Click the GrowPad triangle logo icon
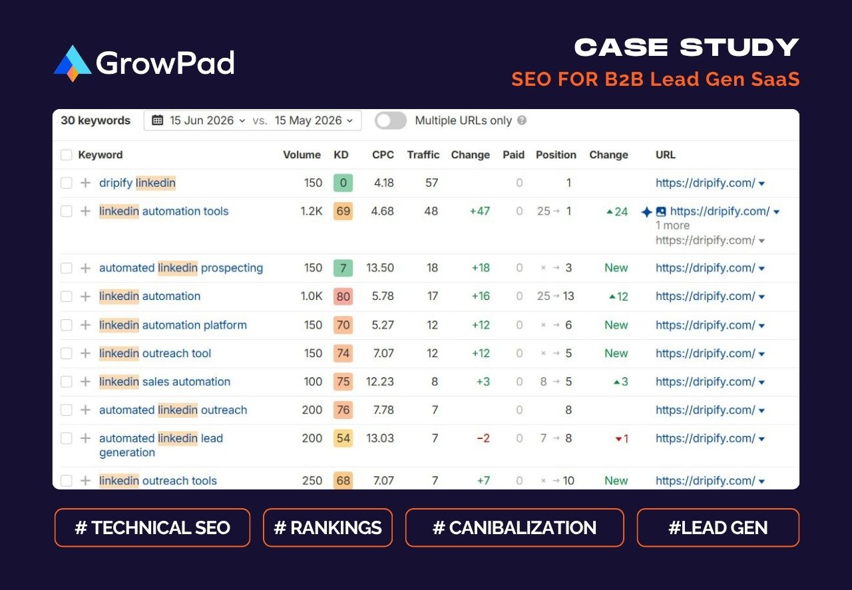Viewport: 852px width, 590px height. pyautogui.click(x=73, y=63)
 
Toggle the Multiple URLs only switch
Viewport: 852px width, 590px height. pyautogui.click(x=391, y=121)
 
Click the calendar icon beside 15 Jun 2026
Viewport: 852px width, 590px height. pyautogui.click(x=158, y=120)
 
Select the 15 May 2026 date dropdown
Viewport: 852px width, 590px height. pyautogui.click(x=314, y=120)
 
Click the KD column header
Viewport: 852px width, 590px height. pyautogui.click(x=341, y=155)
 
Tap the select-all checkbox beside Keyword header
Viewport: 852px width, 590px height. pyautogui.click(x=66, y=155)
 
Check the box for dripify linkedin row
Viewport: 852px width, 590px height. pyautogui.click(x=66, y=183)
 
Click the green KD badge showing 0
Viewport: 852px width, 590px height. pyautogui.click(x=343, y=183)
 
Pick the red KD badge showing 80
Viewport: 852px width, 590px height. pyautogui.click(x=343, y=296)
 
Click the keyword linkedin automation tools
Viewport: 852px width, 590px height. pyautogui.click(x=164, y=211)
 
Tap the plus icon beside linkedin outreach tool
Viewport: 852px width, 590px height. pyautogui.click(x=86, y=353)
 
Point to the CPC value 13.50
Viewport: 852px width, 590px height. pyautogui.click(x=379, y=267)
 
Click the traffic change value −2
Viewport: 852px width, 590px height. pyautogui.click(x=483, y=438)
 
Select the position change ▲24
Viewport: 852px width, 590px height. pyautogui.click(x=617, y=212)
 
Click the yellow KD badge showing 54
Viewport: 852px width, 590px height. pyautogui.click(x=343, y=438)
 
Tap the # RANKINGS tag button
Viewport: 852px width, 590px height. pyautogui.click(x=327, y=527)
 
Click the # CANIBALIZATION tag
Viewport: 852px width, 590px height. pyautogui.click(x=515, y=527)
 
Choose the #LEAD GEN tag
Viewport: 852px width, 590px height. pyautogui.click(x=718, y=527)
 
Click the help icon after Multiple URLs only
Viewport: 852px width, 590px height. pyautogui.click(x=522, y=120)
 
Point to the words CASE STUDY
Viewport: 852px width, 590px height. pyautogui.click(x=686, y=47)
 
